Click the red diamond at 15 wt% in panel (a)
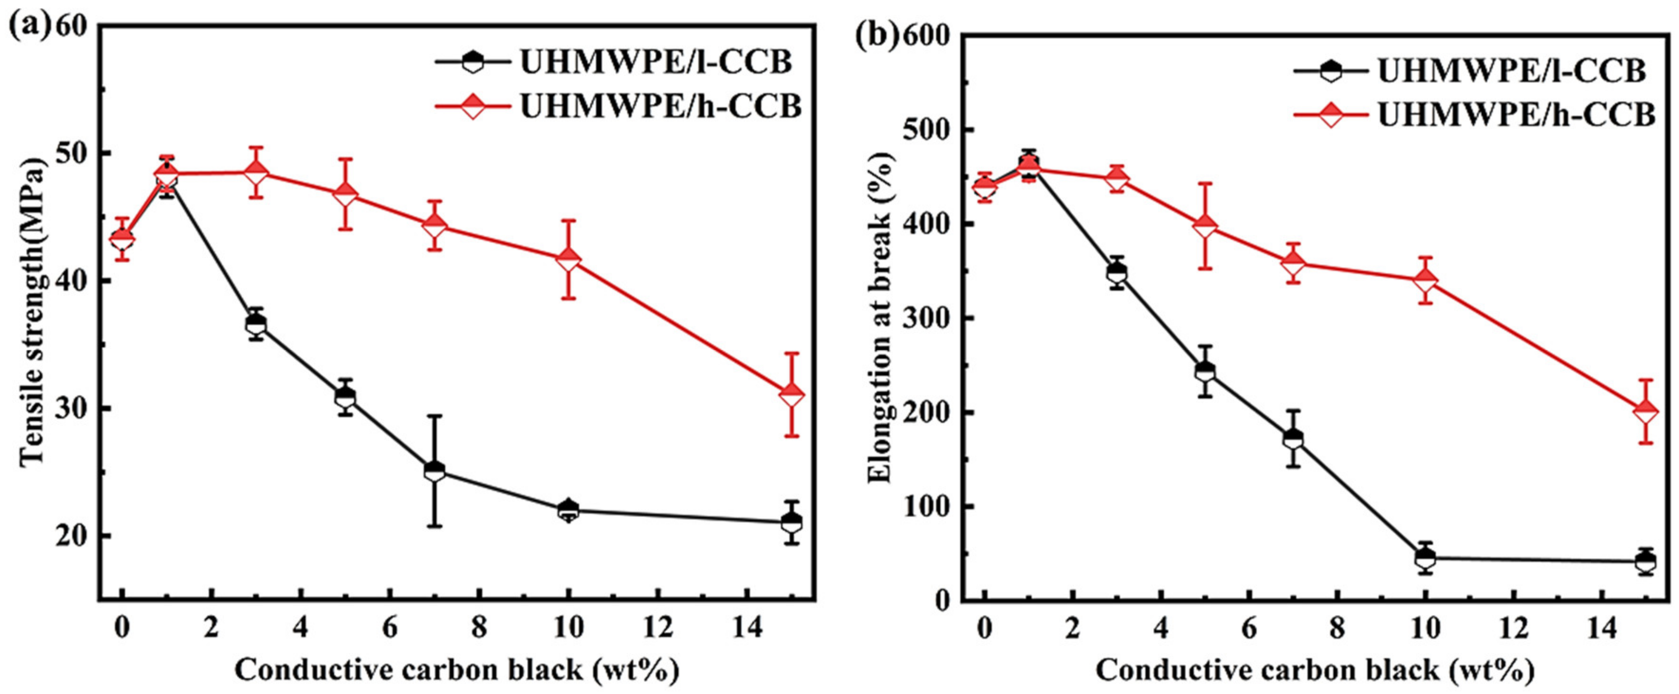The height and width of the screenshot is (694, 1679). pos(791,394)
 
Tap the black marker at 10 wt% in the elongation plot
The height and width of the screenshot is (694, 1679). pos(1425,558)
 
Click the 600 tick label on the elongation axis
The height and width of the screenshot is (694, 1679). pos(925,37)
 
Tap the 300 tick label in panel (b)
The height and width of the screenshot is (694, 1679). pos(925,319)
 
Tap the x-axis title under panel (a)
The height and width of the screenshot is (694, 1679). pos(456,671)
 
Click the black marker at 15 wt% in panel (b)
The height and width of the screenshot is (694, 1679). pos(1646,561)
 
